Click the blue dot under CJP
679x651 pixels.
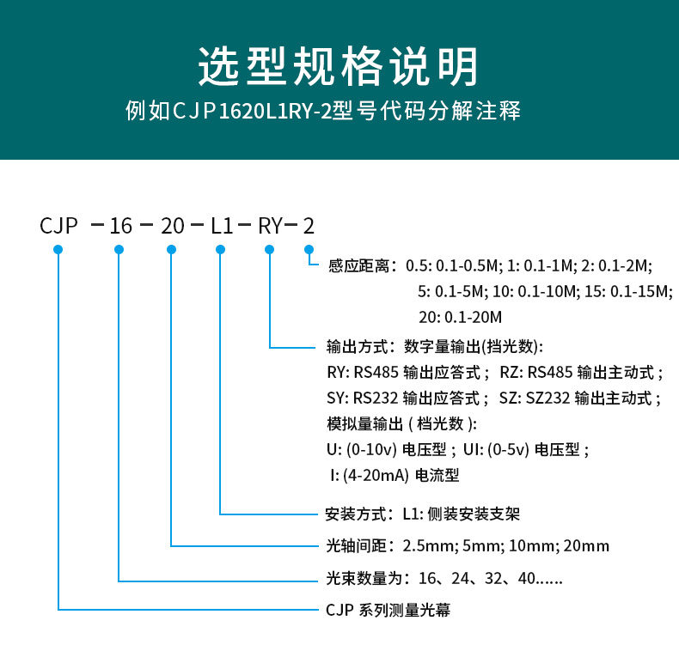58,249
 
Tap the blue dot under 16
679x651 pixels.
119,249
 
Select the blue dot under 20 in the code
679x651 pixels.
172,249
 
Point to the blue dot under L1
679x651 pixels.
221,249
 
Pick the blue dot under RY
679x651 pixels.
270,249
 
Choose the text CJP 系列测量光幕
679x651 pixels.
388,611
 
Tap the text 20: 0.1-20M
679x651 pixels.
459,316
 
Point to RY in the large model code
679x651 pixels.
270,226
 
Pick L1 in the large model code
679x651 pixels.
222,226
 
